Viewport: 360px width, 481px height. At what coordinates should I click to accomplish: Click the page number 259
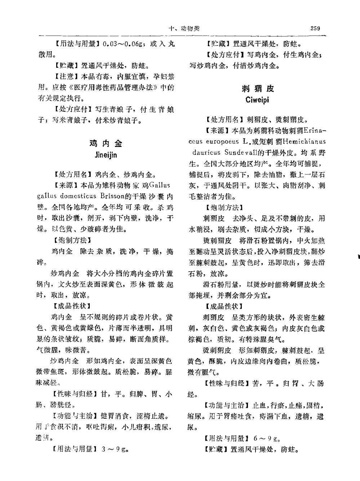tap(315, 28)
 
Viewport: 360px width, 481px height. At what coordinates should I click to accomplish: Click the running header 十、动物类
tap(185, 28)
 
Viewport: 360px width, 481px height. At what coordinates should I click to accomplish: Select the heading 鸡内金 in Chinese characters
tap(106, 143)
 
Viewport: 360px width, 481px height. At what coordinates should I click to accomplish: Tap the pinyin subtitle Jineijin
tap(106, 155)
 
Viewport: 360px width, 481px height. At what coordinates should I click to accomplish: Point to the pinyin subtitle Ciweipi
tap(257, 100)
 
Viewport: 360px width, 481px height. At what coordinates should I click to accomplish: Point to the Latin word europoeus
tap(220, 142)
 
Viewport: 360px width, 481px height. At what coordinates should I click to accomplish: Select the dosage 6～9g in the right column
tap(267, 438)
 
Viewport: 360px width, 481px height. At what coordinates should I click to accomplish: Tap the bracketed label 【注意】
tap(66, 76)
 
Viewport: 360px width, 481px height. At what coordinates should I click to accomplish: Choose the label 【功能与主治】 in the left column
tap(74, 416)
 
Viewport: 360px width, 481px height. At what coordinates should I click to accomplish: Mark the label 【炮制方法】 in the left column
tap(70, 240)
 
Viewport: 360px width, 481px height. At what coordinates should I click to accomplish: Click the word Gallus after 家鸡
tap(159, 186)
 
